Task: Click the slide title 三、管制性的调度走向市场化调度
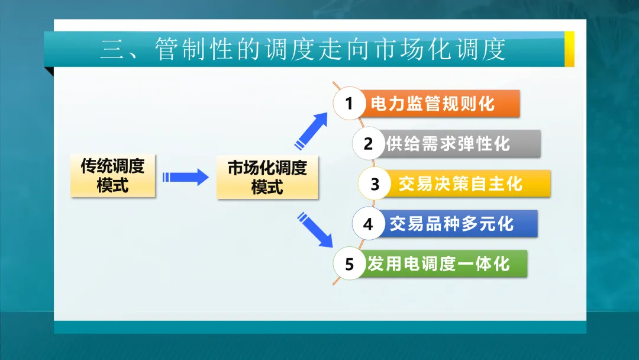tap(303, 49)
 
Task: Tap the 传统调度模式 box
tap(112, 175)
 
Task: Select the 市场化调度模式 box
tap(267, 177)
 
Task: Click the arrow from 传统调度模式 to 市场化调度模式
tap(186, 176)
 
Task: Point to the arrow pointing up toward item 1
tap(312, 130)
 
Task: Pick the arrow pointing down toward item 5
tap(315, 229)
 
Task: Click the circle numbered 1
tap(349, 104)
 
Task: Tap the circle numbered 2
tap(368, 143)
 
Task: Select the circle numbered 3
tap(375, 184)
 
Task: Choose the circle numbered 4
tap(368, 224)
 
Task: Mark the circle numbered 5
tap(349, 263)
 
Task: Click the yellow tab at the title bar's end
tap(569, 49)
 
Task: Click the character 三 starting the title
tap(111, 49)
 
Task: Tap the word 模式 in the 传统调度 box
tap(112, 185)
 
